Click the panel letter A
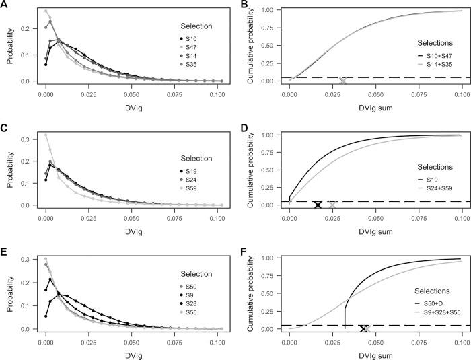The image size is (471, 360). coord(4,5)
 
